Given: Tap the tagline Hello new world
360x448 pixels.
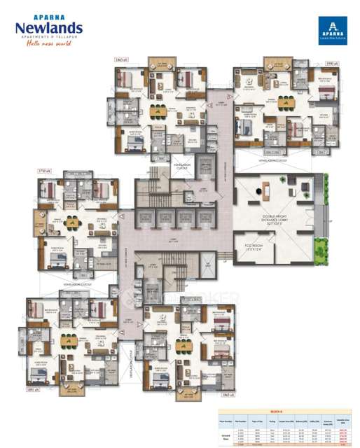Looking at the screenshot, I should click(48, 44).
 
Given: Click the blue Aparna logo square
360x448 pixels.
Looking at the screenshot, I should click(331, 31).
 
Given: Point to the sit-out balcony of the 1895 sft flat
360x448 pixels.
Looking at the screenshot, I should click(71, 388).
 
